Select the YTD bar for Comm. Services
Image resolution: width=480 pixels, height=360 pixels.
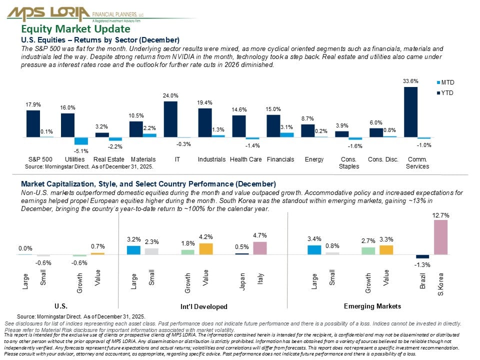[x=410, y=112]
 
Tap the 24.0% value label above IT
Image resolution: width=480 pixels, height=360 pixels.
[x=170, y=95]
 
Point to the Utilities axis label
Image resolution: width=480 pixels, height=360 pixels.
[x=67, y=160]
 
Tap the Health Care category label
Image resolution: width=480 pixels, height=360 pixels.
[x=245, y=160]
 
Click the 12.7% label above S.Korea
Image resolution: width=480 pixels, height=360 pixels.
[x=440, y=215]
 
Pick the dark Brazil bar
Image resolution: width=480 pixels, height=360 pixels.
[x=422, y=256]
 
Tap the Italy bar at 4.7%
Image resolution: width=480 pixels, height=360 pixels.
[x=260, y=248]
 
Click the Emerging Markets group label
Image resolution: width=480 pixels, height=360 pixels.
[x=372, y=306]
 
